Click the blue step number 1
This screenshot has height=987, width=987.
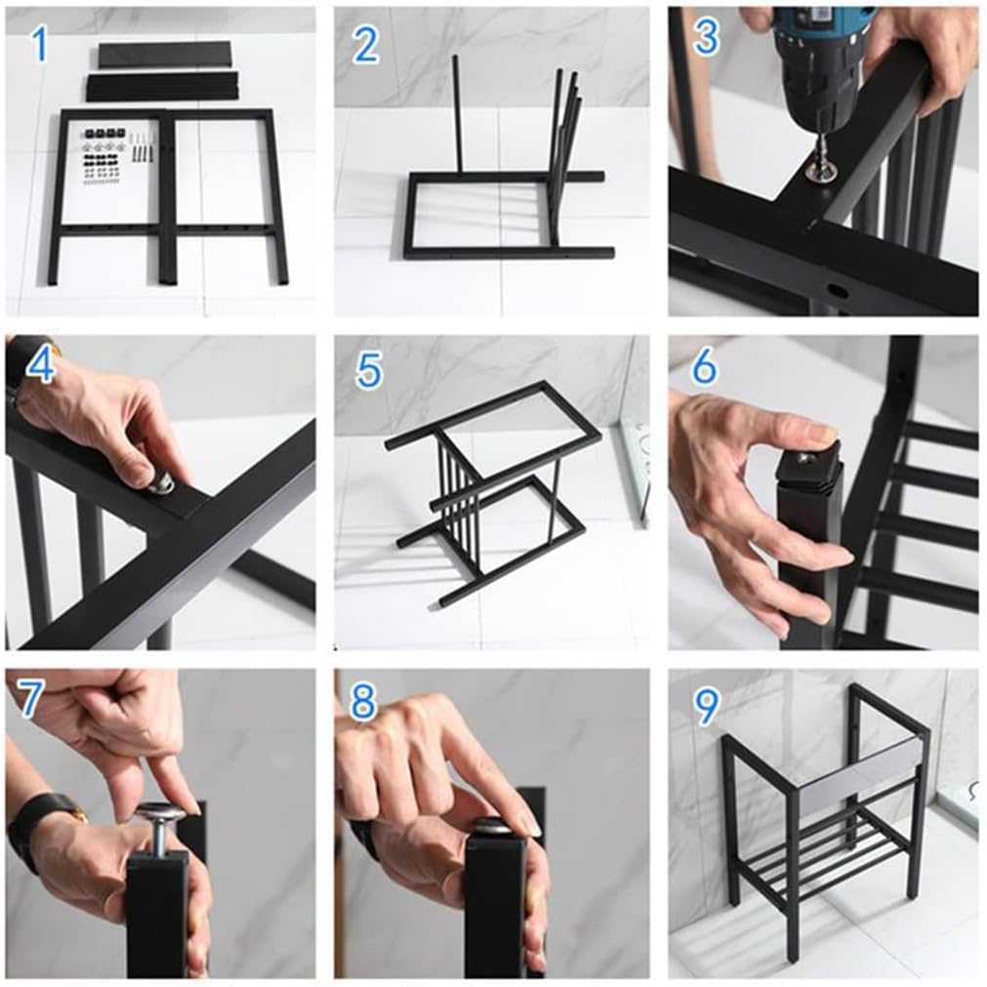(x=40, y=44)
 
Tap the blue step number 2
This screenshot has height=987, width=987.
(x=366, y=45)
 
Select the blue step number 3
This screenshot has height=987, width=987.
(x=706, y=36)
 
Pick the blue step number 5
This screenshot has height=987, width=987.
(x=369, y=370)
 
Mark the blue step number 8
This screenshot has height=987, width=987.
(x=363, y=702)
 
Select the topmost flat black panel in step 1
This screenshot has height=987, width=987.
(x=164, y=55)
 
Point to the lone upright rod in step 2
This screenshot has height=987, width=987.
(x=458, y=113)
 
